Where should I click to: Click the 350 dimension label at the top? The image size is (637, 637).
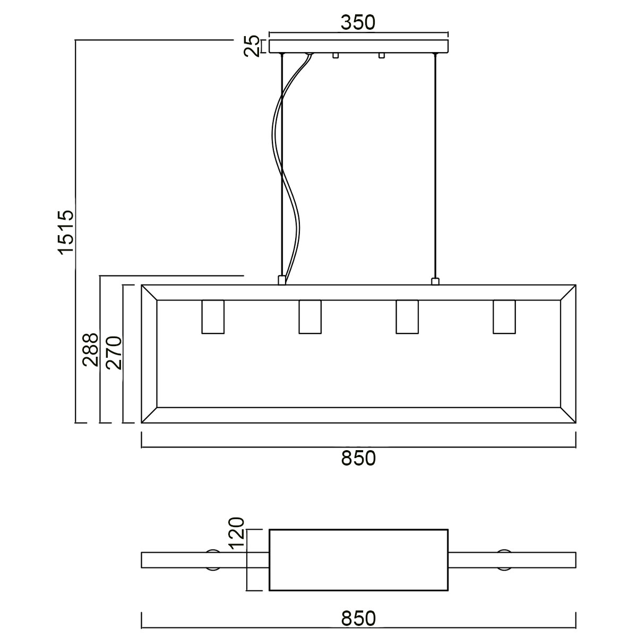358,23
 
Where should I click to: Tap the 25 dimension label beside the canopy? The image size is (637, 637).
252,46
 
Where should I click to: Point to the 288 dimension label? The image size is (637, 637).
91,350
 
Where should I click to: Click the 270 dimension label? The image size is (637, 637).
114,352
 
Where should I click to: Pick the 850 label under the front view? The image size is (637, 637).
358,458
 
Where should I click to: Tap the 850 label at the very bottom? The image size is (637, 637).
358,618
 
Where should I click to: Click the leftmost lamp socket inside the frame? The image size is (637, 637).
213,317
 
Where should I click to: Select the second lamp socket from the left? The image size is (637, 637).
309,317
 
